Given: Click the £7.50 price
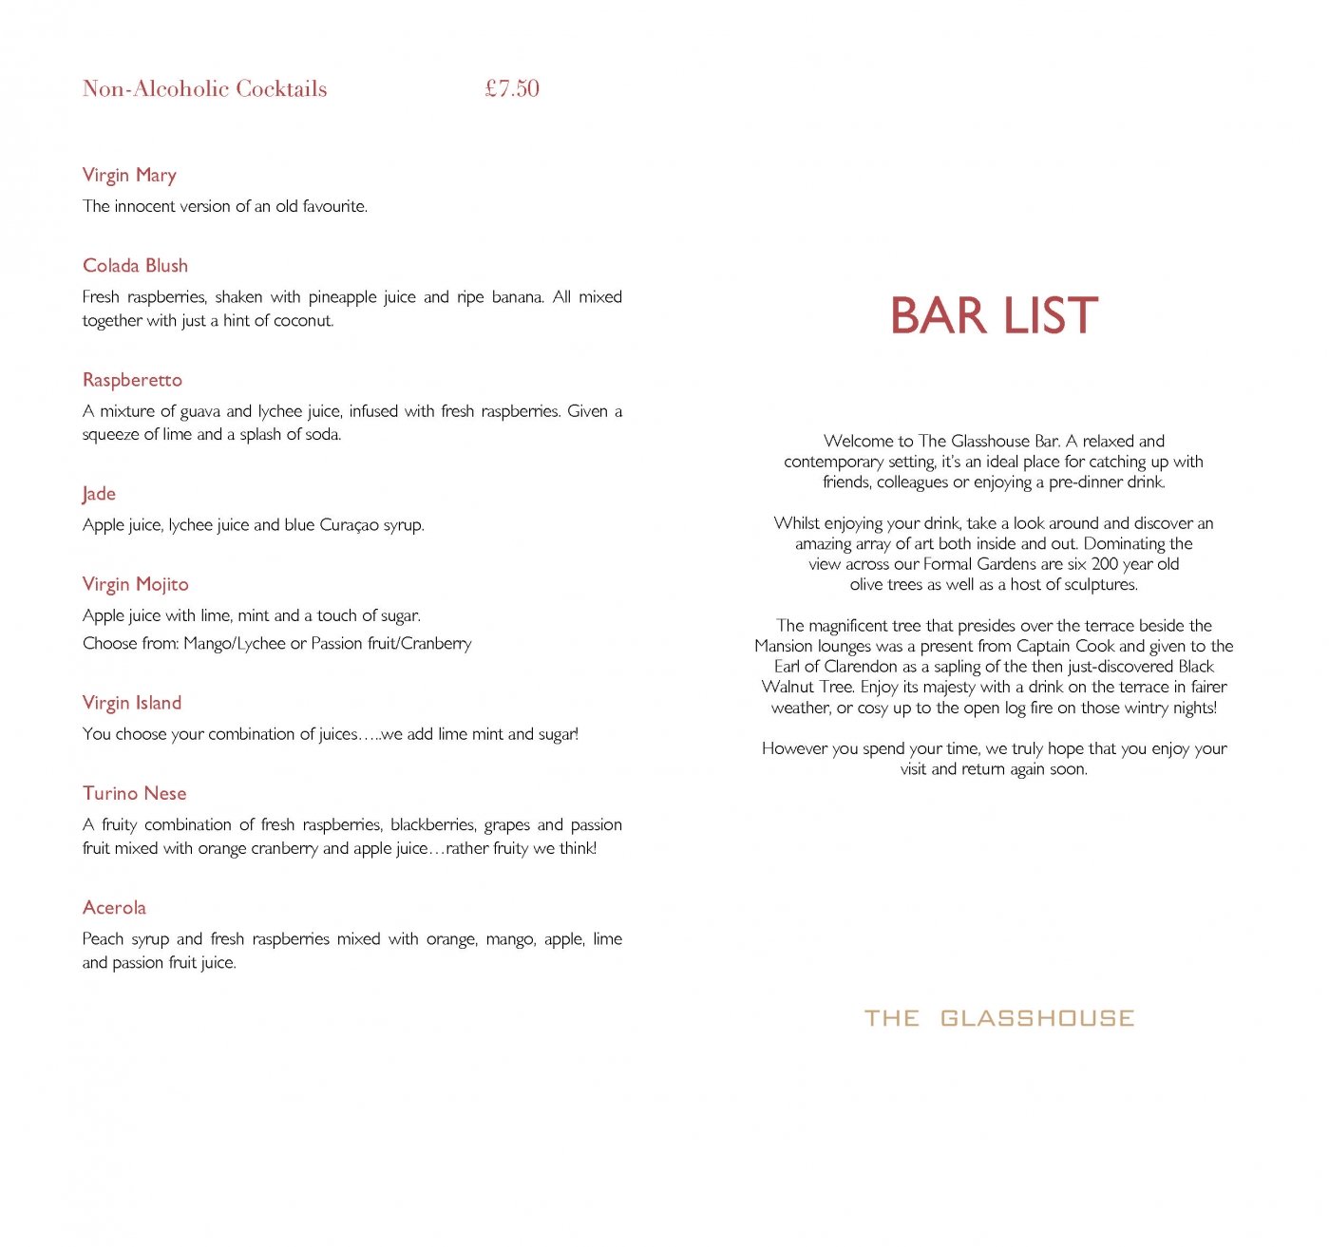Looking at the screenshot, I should point(512,88).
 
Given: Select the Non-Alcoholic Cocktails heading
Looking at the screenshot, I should point(204,88).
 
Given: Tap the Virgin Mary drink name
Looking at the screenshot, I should point(129,175).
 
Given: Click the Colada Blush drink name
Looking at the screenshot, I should point(135,266).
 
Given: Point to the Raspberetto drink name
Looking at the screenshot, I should point(132,380).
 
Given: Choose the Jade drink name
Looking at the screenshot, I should point(99,494).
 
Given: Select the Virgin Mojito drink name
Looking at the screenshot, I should point(135,584).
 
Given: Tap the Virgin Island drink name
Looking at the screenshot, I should point(132,703).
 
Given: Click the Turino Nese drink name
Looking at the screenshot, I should point(134,793).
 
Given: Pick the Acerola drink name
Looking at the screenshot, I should point(114,907).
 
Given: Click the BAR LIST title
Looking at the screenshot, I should point(994,315).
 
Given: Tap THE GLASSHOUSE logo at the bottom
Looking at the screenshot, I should point(999,1018).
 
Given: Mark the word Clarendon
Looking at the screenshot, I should point(861,667).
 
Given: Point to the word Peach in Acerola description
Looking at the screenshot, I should point(103,939).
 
